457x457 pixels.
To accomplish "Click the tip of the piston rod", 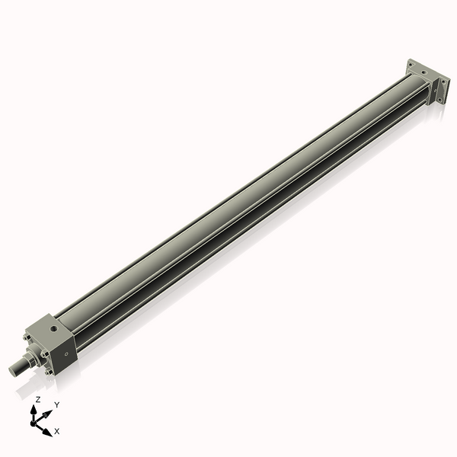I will (13, 370).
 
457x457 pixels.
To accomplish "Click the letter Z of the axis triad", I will (38, 399).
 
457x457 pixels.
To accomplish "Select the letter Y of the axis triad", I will (57, 405).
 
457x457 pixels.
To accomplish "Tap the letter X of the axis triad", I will (57, 431).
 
